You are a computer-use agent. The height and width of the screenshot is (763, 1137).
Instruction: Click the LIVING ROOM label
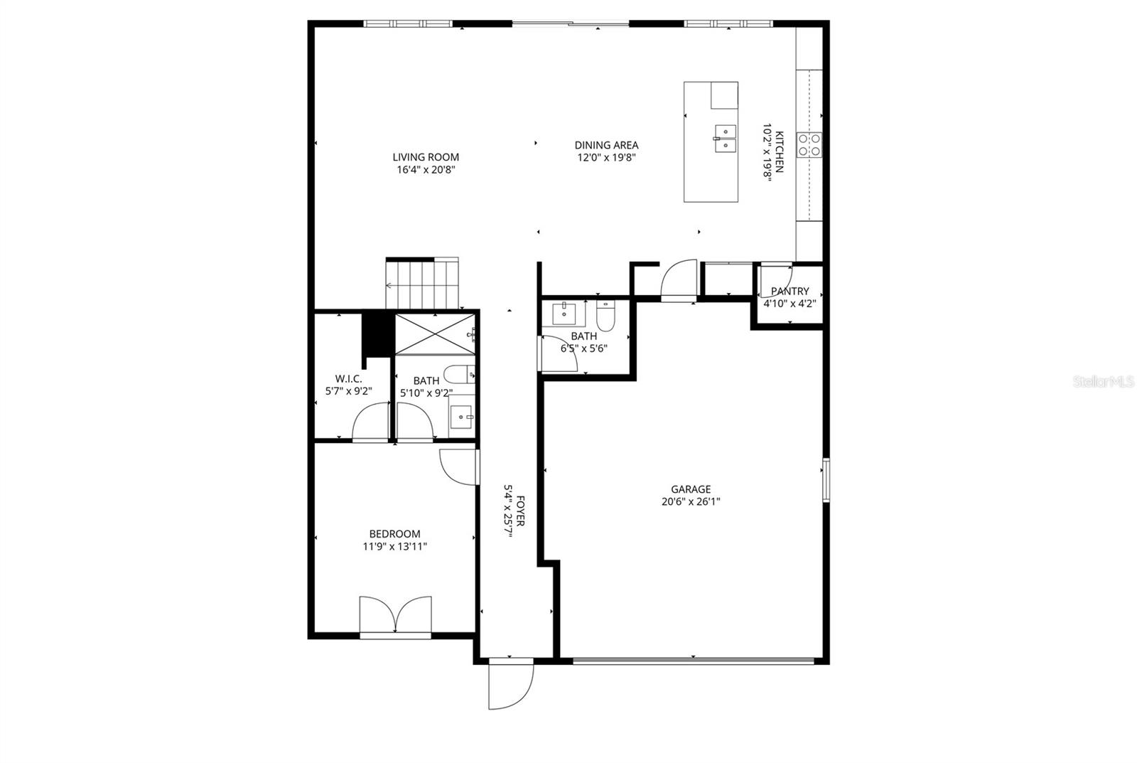click(426, 157)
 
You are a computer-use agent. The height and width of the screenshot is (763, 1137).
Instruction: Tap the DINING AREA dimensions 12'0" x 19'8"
click(606, 158)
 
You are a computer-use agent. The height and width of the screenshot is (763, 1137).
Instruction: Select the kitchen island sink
click(725, 139)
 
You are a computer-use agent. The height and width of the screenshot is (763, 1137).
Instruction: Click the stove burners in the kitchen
click(809, 144)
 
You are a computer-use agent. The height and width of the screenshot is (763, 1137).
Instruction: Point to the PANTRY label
click(790, 291)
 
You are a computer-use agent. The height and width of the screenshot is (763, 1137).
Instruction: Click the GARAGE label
click(691, 489)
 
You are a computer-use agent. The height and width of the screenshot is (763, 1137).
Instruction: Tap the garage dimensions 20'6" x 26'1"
click(691, 501)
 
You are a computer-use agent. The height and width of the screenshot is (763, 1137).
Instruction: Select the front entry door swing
click(510, 684)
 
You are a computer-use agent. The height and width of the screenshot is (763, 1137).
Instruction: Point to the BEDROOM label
click(394, 534)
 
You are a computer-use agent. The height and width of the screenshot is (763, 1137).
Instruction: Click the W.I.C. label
click(348, 379)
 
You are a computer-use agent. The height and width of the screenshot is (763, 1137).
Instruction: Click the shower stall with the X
click(434, 333)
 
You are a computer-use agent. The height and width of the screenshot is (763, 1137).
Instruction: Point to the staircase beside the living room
click(423, 284)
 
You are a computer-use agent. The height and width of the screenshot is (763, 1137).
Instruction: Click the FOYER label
click(521, 511)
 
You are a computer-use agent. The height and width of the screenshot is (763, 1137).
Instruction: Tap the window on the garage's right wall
click(826, 480)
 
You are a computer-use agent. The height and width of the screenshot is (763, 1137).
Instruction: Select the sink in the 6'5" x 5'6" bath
click(564, 312)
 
